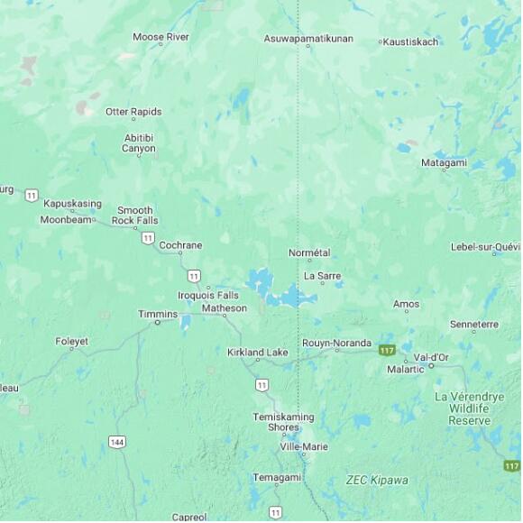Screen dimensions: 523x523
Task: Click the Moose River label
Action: [x=161, y=37]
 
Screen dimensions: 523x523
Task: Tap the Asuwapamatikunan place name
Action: [x=308, y=39]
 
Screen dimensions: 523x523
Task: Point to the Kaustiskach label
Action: [x=411, y=41]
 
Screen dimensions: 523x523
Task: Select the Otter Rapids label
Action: [x=133, y=112]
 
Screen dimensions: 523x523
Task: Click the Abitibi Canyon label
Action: [x=139, y=142]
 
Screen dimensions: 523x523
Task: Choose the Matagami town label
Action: [x=444, y=162]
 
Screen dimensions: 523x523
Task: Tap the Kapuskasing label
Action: [x=72, y=204]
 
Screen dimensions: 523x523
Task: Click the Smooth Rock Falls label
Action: [x=135, y=216]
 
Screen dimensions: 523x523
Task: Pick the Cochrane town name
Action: [x=180, y=245]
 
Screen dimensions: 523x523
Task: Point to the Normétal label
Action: [x=309, y=253]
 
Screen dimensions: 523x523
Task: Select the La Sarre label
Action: [x=322, y=276]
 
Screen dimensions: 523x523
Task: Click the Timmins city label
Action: [x=158, y=314]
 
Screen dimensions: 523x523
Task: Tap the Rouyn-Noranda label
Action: [x=336, y=343]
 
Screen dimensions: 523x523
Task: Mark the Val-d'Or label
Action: [x=431, y=357]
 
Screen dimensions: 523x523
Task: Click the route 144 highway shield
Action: [x=116, y=441]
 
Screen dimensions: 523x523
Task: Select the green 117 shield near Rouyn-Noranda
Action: [x=387, y=349]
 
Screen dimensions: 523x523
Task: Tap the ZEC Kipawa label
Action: [x=377, y=481]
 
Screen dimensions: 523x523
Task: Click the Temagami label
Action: [x=277, y=478]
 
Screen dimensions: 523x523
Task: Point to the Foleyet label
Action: [x=72, y=342]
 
